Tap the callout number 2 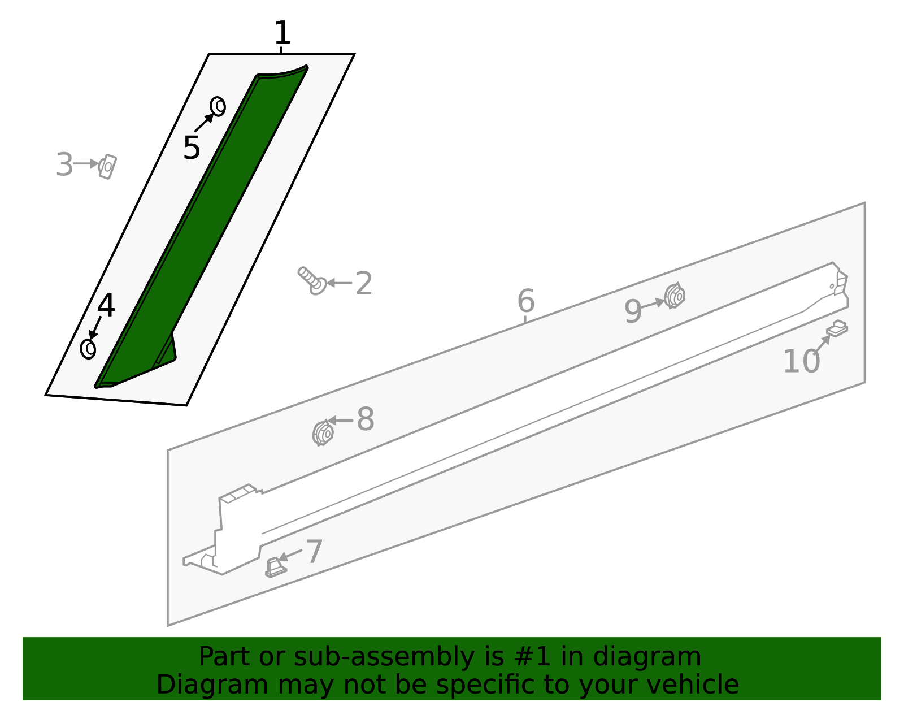[x=364, y=283]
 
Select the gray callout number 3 [x=64, y=164]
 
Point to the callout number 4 [x=106, y=305]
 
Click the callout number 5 [x=192, y=148]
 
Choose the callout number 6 [x=526, y=301]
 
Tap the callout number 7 [x=314, y=552]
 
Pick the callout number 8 [x=366, y=419]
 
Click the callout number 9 [x=633, y=311]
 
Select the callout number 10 [x=802, y=361]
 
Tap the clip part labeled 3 [x=107, y=167]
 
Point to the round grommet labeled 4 [x=88, y=349]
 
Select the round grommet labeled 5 [x=218, y=106]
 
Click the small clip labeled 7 [x=276, y=568]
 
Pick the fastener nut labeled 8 [x=323, y=433]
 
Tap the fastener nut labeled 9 [x=675, y=296]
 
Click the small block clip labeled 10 [x=837, y=328]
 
